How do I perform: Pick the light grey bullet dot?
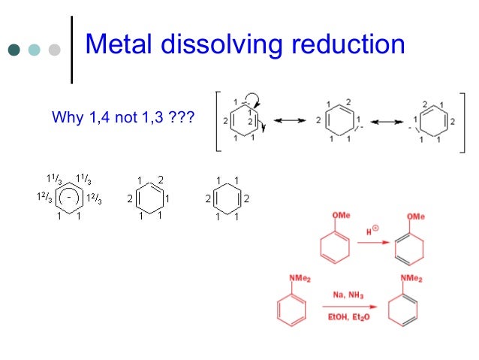click(54, 50)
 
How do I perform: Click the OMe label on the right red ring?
click(417, 217)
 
